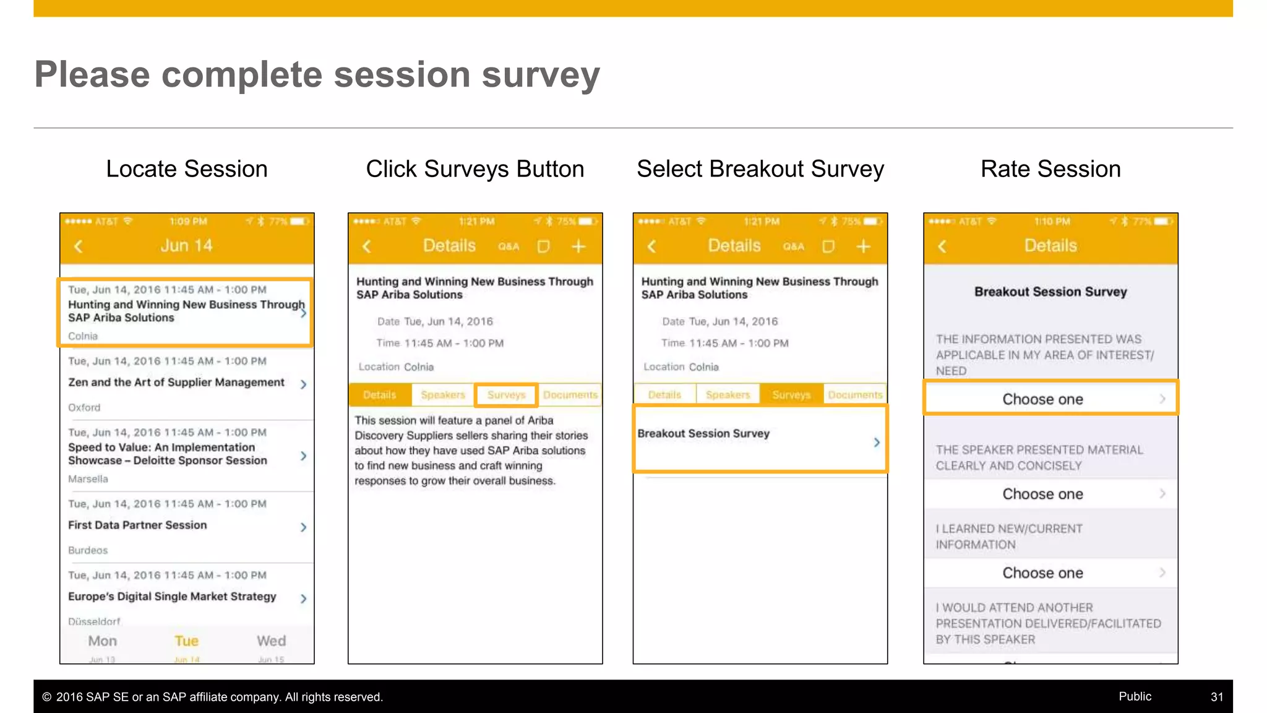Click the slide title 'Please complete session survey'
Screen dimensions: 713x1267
[317, 75]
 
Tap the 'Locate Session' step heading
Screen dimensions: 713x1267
[186, 169]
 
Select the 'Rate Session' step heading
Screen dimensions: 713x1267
[1050, 169]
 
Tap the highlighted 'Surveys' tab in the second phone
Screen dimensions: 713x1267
[505, 395]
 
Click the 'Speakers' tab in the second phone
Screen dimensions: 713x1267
[442, 395]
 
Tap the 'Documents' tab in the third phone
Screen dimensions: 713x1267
[855, 395]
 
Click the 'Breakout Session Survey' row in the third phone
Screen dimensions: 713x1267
[760, 438]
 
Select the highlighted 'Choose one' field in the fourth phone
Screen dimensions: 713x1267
[1050, 399]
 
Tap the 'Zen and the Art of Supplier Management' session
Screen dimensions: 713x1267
[176, 382]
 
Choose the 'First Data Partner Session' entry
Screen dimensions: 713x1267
[137, 525]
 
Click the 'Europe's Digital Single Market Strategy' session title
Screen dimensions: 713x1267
[172, 597]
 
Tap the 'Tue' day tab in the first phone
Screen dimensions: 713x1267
[186, 642]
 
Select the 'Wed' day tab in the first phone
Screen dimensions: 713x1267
[271, 642]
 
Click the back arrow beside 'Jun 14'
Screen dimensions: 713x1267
[79, 246]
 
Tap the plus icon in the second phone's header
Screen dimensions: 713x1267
[578, 247]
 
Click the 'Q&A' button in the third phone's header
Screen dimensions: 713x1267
[793, 247]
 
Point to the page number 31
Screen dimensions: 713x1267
[1216, 697]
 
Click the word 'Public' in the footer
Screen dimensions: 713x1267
[1135, 696]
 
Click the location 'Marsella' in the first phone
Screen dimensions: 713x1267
[88, 479]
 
